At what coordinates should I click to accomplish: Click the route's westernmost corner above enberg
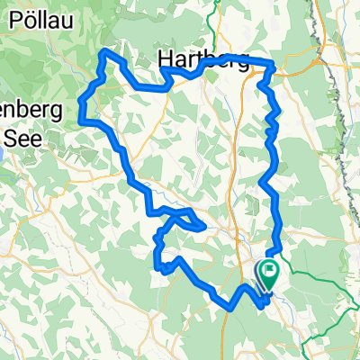[82, 117]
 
